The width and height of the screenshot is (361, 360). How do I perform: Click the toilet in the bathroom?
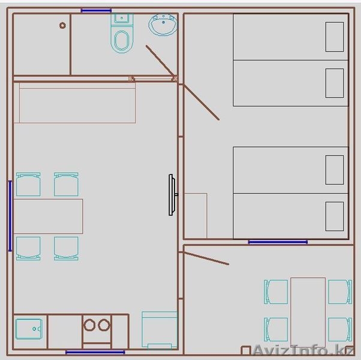(x=122, y=33)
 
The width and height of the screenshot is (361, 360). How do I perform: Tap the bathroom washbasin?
(x=163, y=25)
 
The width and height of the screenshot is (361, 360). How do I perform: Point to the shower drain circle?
(x=62, y=25)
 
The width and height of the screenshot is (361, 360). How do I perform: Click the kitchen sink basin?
(x=29, y=329)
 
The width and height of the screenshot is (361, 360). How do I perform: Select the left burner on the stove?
(x=89, y=325)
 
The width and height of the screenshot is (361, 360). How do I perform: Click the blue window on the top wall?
(x=96, y=11)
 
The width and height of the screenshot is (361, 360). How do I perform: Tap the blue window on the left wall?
(x=10, y=216)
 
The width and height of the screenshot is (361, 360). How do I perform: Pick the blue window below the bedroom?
(x=278, y=242)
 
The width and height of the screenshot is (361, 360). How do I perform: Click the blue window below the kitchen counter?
(x=95, y=352)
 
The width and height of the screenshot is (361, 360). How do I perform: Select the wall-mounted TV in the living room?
(x=172, y=195)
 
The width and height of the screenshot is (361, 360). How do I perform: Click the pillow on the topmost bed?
(x=335, y=37)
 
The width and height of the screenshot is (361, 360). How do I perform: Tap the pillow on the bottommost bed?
(x=335, y=216)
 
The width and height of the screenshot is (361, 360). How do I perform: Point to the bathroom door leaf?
(x=161, y=61)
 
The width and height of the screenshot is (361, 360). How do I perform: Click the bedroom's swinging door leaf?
(x=201, y=102)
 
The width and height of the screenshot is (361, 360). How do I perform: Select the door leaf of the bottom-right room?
(x=206, y=259)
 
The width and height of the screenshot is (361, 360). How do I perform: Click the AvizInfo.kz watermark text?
(x=303, y=350)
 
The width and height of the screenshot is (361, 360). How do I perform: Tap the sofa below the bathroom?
(x=74, y=103)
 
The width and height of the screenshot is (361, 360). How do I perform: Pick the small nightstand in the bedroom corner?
(x=195, y=215)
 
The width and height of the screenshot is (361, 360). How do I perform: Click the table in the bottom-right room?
(x=308, y=312)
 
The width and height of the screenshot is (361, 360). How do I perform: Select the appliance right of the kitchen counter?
(x=160, y=330)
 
